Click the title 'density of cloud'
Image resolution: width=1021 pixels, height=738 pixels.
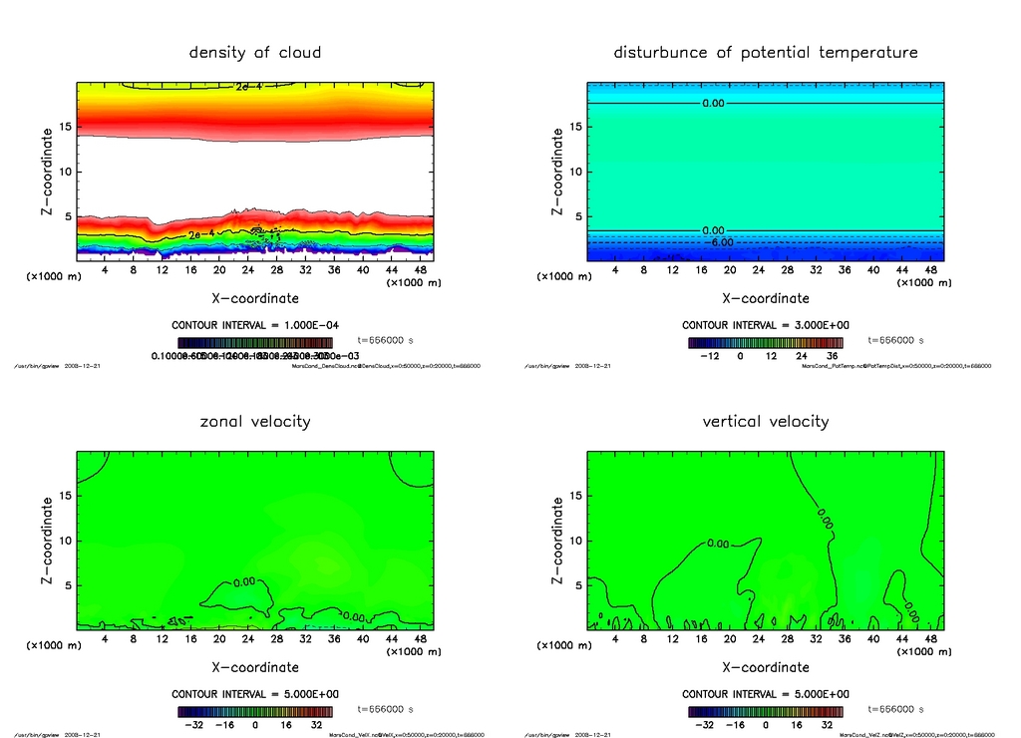[255, 52]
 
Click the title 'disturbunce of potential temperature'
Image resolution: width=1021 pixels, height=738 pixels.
[765, 52]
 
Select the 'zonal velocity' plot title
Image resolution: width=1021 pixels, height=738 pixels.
[255, 421]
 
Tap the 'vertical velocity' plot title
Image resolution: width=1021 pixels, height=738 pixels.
[765, 421]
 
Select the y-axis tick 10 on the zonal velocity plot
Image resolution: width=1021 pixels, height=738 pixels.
[67, 541]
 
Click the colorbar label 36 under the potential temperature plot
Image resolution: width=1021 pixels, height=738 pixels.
[830, 355]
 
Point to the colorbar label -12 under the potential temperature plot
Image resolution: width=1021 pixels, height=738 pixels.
[711, 355]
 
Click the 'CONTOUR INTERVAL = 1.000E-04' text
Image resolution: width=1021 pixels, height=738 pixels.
[255, 325]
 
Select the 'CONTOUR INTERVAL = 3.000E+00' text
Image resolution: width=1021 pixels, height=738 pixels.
[766, 325]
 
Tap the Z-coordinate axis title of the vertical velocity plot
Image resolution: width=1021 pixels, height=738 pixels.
[557, 542]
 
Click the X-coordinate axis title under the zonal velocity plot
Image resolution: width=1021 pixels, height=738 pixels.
[255, 667]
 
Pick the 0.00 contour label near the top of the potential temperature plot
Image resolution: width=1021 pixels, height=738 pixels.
[713, 103]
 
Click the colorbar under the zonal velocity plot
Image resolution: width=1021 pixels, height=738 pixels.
[255, 711]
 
